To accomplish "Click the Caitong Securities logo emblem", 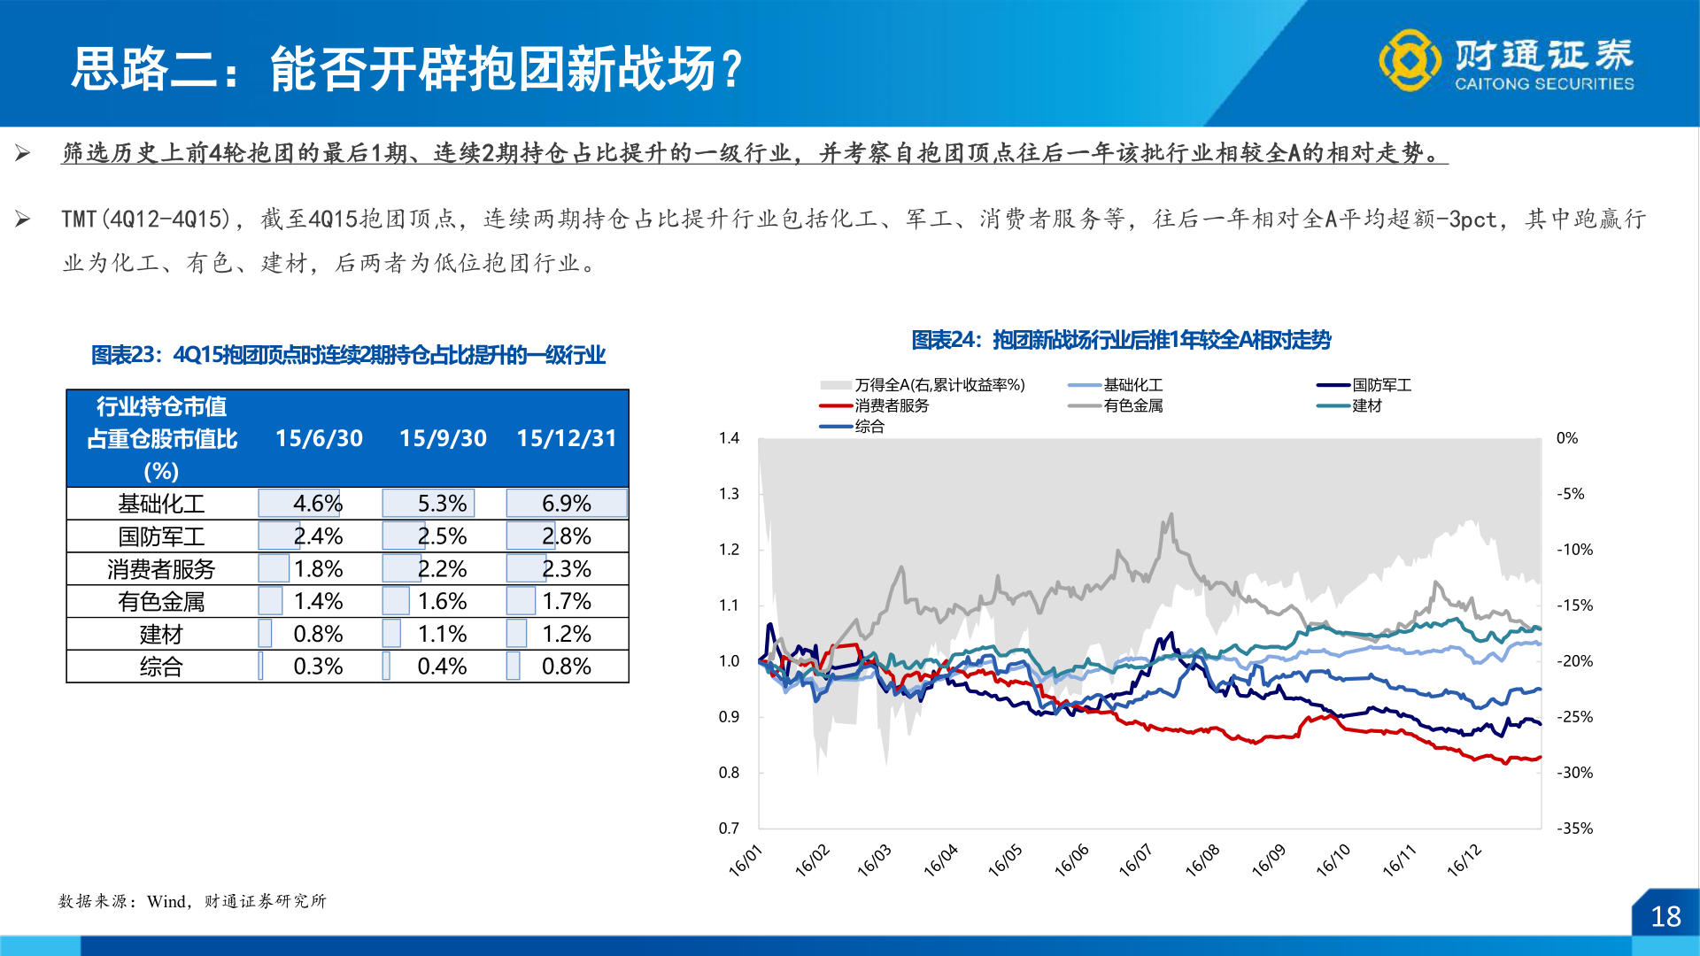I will click(x=1410, y=60).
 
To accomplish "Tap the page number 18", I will click(x=1665, y=917).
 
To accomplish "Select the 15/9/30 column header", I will click(x=443, y=438).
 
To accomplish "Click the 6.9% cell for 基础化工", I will click(x=567, y=504).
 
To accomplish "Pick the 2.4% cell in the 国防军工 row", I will click(x=318, y=536).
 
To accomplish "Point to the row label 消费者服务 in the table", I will click(x=161, y=569).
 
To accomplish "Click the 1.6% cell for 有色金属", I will click(x=442, y=602).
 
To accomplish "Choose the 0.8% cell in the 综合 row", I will click(x=567, y=667).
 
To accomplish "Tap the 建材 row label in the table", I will click(x=161, y=635).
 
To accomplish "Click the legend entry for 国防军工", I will click(x=1381, y=385).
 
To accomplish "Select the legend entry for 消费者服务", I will click(x=892, y=405).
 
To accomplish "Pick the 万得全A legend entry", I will click(x=939, y=385).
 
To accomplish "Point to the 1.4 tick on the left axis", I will click(x=729, y=438).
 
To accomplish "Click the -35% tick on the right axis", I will click(x=1575, y=829).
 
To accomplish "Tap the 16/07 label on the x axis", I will click(x=1135, y=860).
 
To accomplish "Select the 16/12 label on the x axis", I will click(x=1464, y=860).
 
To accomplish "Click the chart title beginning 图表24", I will click(x=1121, y=340).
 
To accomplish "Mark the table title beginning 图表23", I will click(x=348, y=355).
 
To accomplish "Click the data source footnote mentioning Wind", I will click(x=192, y=901).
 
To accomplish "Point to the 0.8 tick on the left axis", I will click(x=729, y=773).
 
